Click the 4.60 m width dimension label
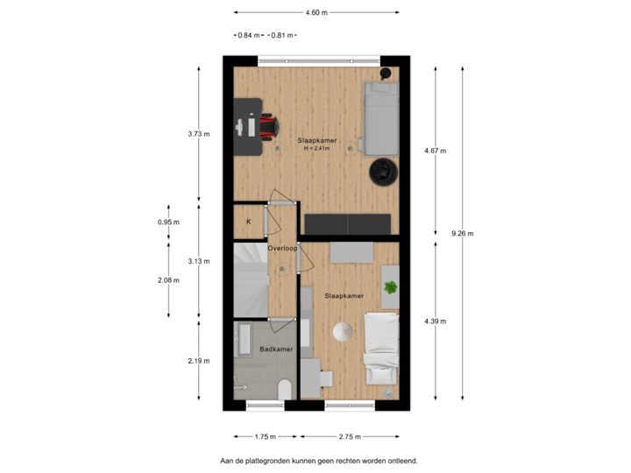tap(316, 12)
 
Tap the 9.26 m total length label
tap(462, 233)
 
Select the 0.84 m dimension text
tap(249, 35)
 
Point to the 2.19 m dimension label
tap(199, 361)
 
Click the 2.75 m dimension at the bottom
tap(350, 436)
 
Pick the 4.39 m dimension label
tap(435, 321)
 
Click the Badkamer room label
tap(275, 350)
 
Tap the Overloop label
tap(282, 248)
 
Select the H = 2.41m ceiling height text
tap(316, 148)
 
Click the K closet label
tap(249, 222)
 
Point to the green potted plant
tap(390, 286)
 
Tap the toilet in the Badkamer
tap(283, 389)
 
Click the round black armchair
tap(383, 172)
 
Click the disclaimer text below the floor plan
tap(320, 460)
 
